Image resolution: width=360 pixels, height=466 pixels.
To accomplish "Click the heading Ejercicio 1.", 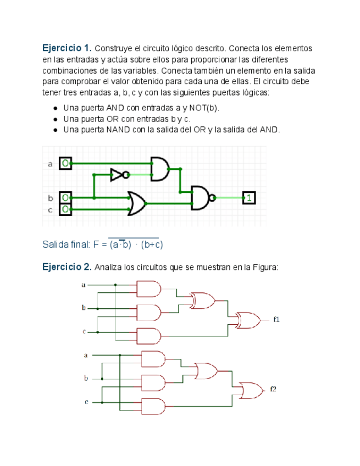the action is [67, 48].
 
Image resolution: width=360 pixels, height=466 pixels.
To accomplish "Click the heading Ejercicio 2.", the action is [67, 267].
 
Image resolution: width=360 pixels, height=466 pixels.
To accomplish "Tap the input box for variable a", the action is [65, 163].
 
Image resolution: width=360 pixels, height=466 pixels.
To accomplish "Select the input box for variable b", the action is [65, 197].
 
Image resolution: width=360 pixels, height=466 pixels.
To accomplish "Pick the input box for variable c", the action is [65, 209].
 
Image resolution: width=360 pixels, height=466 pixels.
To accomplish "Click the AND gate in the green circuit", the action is [159, 169].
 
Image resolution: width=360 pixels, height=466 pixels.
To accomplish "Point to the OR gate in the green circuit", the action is [136, 203].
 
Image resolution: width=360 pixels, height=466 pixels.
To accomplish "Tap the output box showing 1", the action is [249, 197].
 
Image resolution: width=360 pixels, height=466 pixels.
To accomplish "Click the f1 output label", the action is [276, 319].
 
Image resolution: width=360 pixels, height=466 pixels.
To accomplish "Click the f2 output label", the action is [273, 389].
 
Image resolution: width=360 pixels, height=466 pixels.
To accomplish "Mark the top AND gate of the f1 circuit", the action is [148, 289].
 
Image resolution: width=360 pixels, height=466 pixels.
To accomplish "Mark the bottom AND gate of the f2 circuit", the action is [153, 406].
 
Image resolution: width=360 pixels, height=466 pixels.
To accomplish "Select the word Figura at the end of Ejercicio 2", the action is [265, 268].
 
